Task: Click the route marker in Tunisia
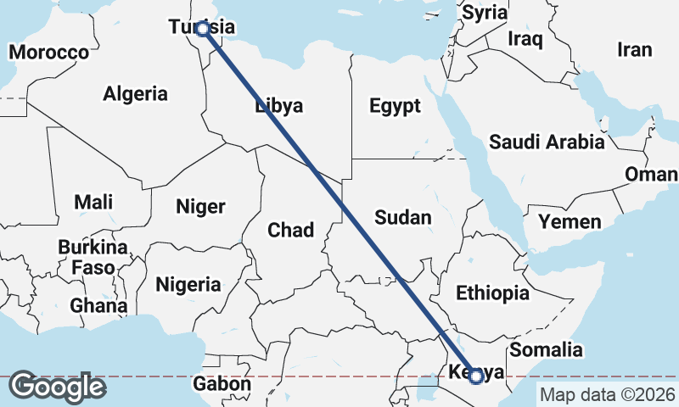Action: click(203, 29)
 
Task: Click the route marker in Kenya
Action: click(476, 376)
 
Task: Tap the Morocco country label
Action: click(48, 53)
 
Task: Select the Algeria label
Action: click(135, 94)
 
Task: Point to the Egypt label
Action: click(395, 106)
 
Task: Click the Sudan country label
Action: click(403, 217)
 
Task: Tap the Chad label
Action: click(290, 230)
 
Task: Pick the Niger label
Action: click(200, 206)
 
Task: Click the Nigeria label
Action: click(188, 284)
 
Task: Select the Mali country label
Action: click(93, 202)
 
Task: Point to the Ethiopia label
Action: click(492, 293)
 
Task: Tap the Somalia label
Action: click(545, 349)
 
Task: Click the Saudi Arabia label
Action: click(547, 142)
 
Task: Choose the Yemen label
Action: click(570, 223)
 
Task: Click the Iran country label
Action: click(634, 49)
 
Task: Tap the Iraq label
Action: click(525, 39)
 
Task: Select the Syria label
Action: click(485, 13)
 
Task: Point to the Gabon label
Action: click(222, 384)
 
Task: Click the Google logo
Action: click(57, 387)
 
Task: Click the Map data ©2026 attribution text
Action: click(608, 394)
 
